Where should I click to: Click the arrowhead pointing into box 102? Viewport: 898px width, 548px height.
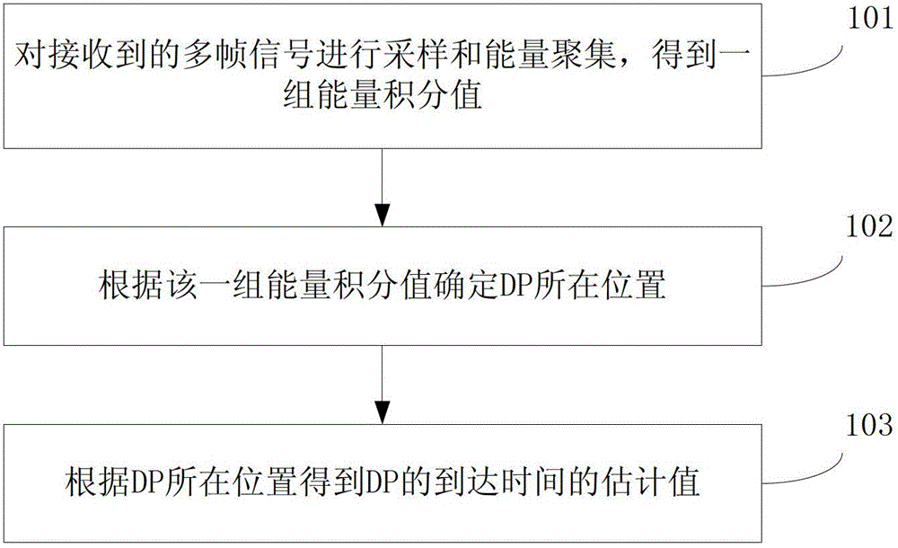coord(383,217)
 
